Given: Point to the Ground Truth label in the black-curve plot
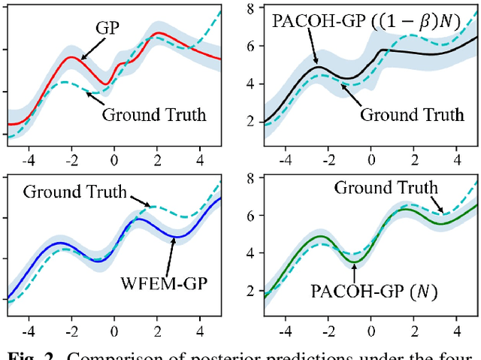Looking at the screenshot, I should (x=413, y=115).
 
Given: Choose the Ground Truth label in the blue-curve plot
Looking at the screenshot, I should (x=75, y=191).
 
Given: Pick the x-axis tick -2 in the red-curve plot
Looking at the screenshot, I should (x=71, y=159).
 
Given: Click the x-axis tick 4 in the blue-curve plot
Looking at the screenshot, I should (x=200, y=328).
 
